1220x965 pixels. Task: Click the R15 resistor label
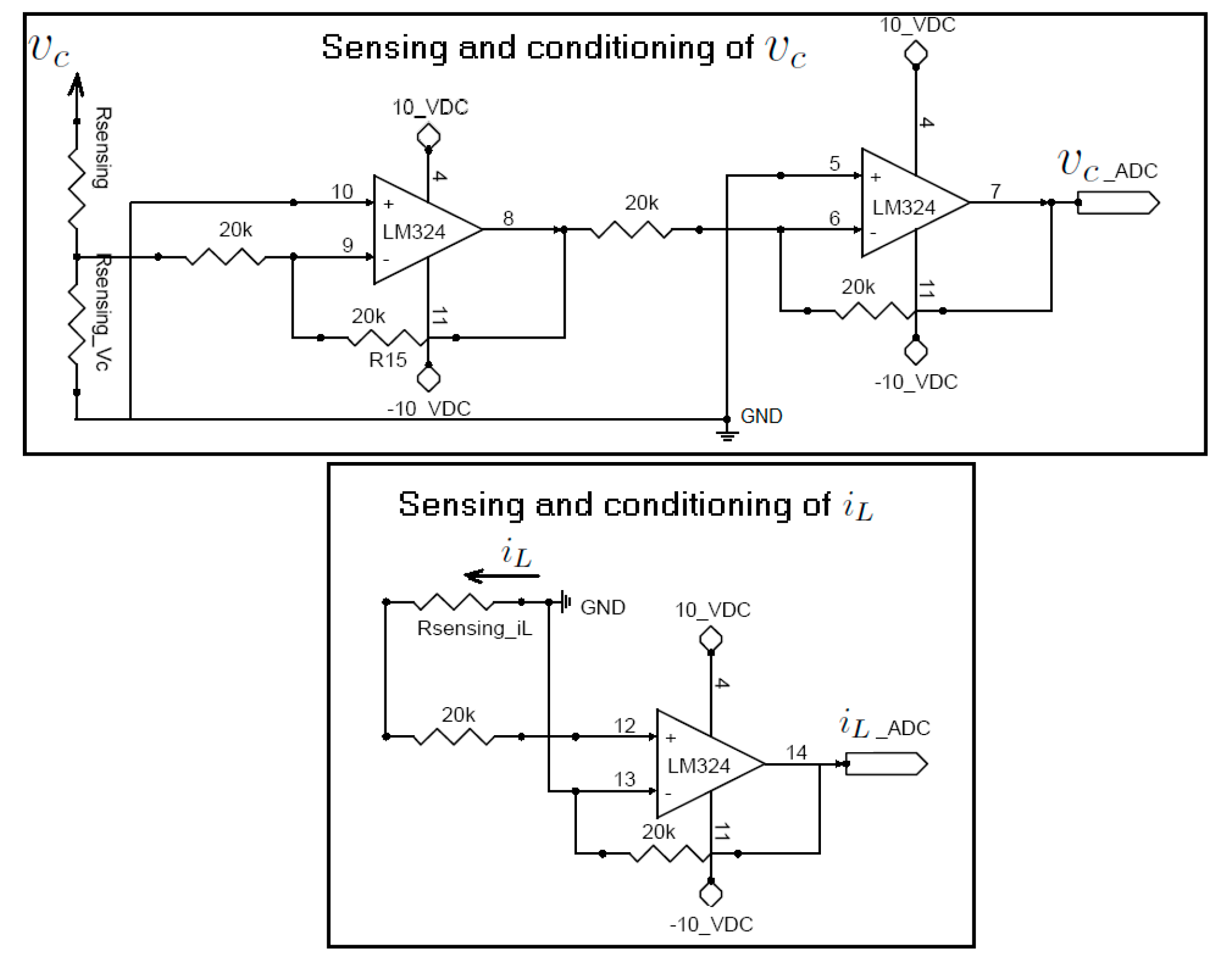point(387,360)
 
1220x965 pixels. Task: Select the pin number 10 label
point(342,191)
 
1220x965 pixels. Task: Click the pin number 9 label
point(347,245)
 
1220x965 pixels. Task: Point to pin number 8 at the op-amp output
point(508,218)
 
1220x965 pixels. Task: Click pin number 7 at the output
point(995,191)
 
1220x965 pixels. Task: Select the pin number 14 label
point(796,752)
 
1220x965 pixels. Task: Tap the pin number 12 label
point(624,726)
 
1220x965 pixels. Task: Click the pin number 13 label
point(624,779)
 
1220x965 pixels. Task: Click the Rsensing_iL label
point(474,628)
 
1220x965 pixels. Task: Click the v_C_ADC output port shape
point(1118,203)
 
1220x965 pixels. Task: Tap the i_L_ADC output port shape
point(886,764)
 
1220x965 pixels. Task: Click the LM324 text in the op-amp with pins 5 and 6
point(903,208)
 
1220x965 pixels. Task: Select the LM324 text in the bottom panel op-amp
point(699,766)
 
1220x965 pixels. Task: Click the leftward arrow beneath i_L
point(501,576)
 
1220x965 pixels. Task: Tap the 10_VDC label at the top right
point(917,25)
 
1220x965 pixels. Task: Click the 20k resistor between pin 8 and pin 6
point(631,230)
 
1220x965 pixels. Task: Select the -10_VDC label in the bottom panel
point(710,924)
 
